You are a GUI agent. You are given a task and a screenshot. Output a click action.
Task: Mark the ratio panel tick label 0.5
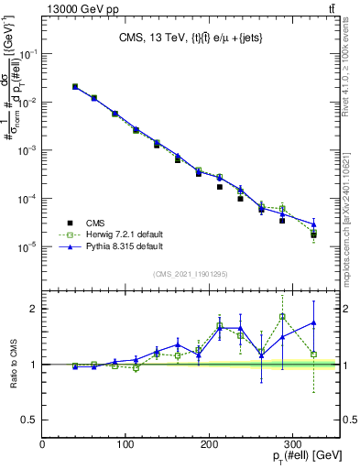[28, 420]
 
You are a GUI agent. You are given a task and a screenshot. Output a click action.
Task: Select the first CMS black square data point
[75, 87]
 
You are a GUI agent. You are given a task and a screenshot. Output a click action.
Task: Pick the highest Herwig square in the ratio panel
[282, 317]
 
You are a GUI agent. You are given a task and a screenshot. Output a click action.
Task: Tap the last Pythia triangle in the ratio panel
[314, 322]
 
